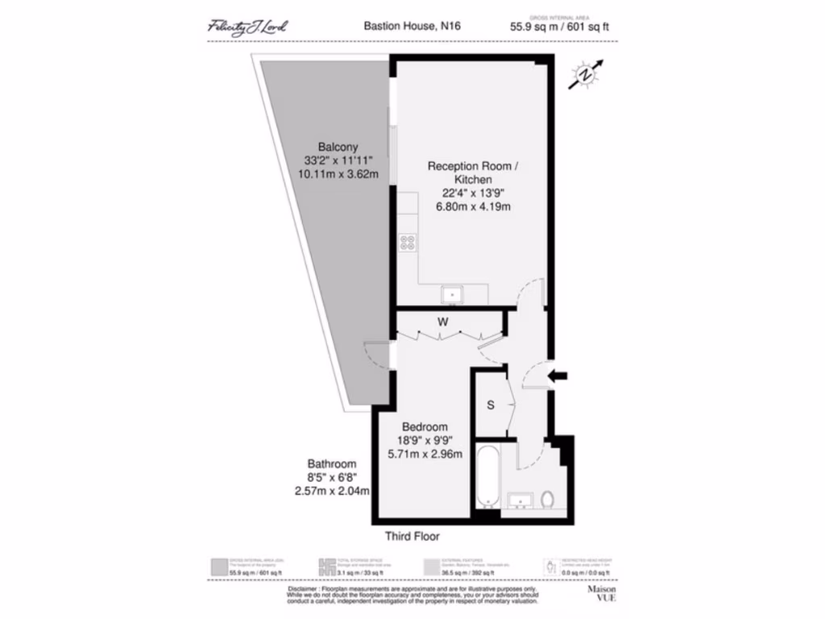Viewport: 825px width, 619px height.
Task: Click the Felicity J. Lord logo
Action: [x=247, y=27]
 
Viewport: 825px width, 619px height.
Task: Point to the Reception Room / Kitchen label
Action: [x=473, y=172]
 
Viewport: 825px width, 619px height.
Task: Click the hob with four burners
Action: [x=408, y=242]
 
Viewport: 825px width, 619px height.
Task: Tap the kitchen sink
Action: [x=453, y=295]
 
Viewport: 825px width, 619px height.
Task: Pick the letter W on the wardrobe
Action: [x=442, y=322]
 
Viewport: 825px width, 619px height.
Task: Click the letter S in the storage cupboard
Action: [x=490, y=405]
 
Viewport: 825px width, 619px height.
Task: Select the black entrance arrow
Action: [x=557, y=375]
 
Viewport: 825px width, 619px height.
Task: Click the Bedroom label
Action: [x=425, y=426]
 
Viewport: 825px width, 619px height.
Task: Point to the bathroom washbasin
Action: [x=521, y=502]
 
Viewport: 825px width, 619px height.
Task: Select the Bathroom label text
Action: [x=332, y=464]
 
